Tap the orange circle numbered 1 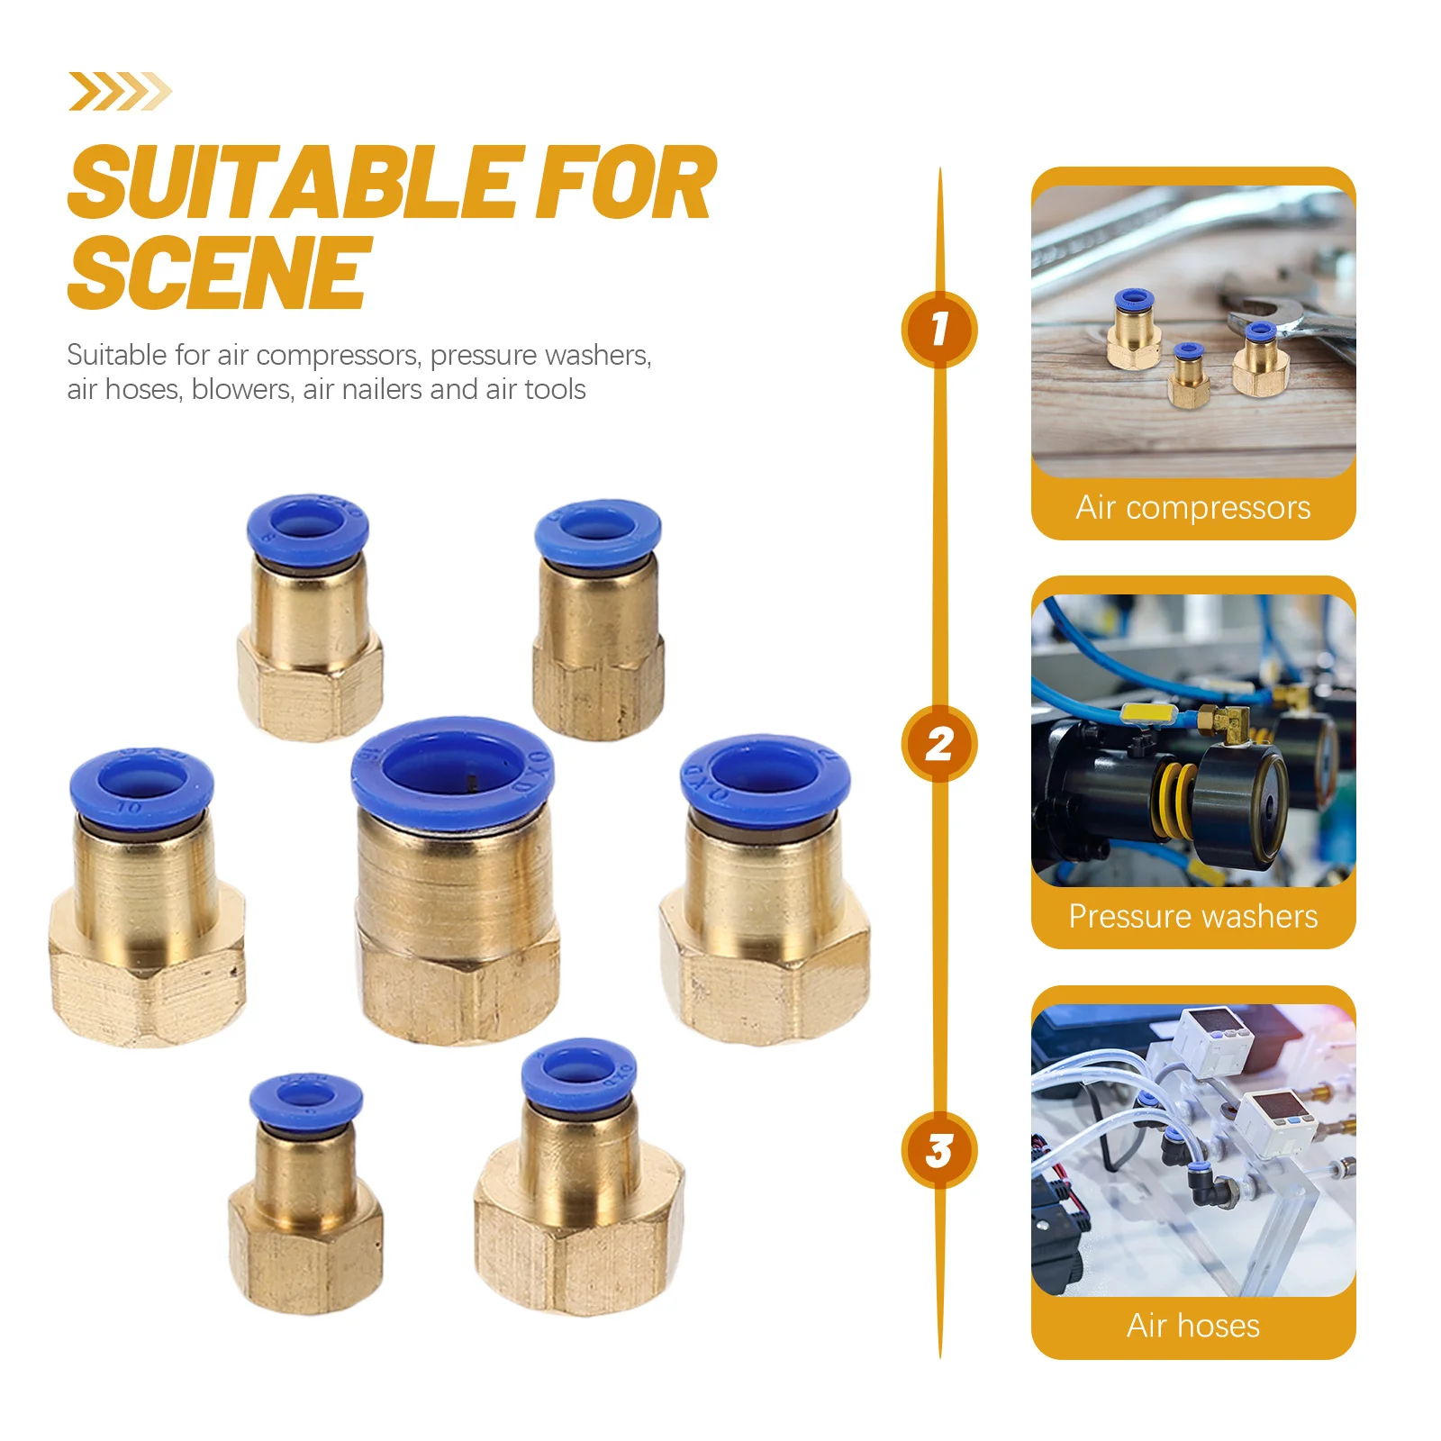tap(939, 329)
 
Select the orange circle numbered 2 tap(939, 744)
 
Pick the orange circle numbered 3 tap(939, 1150)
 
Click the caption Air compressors tap(1192, 508)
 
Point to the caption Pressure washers tap(1192, 917)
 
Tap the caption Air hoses tap(1192, 1326)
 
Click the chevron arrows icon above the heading tap(120, 92)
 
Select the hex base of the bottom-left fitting tap(306, 1252)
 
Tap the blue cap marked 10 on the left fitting tap(141, 785)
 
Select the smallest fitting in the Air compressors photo tap(1188, 376)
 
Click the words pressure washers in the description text tap(540, 356)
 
